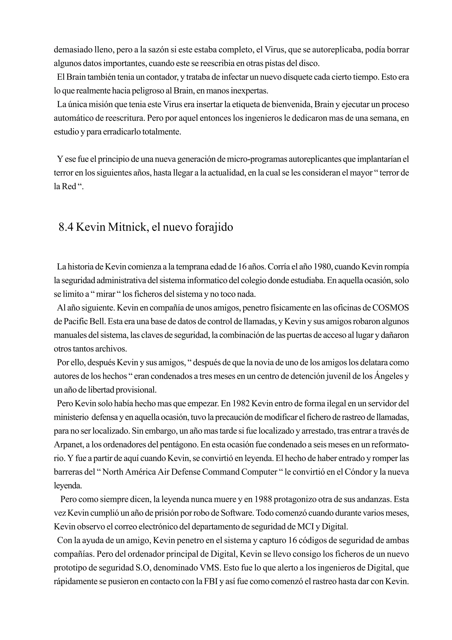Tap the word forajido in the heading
click(214, 227)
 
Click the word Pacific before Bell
click(75, 321)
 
